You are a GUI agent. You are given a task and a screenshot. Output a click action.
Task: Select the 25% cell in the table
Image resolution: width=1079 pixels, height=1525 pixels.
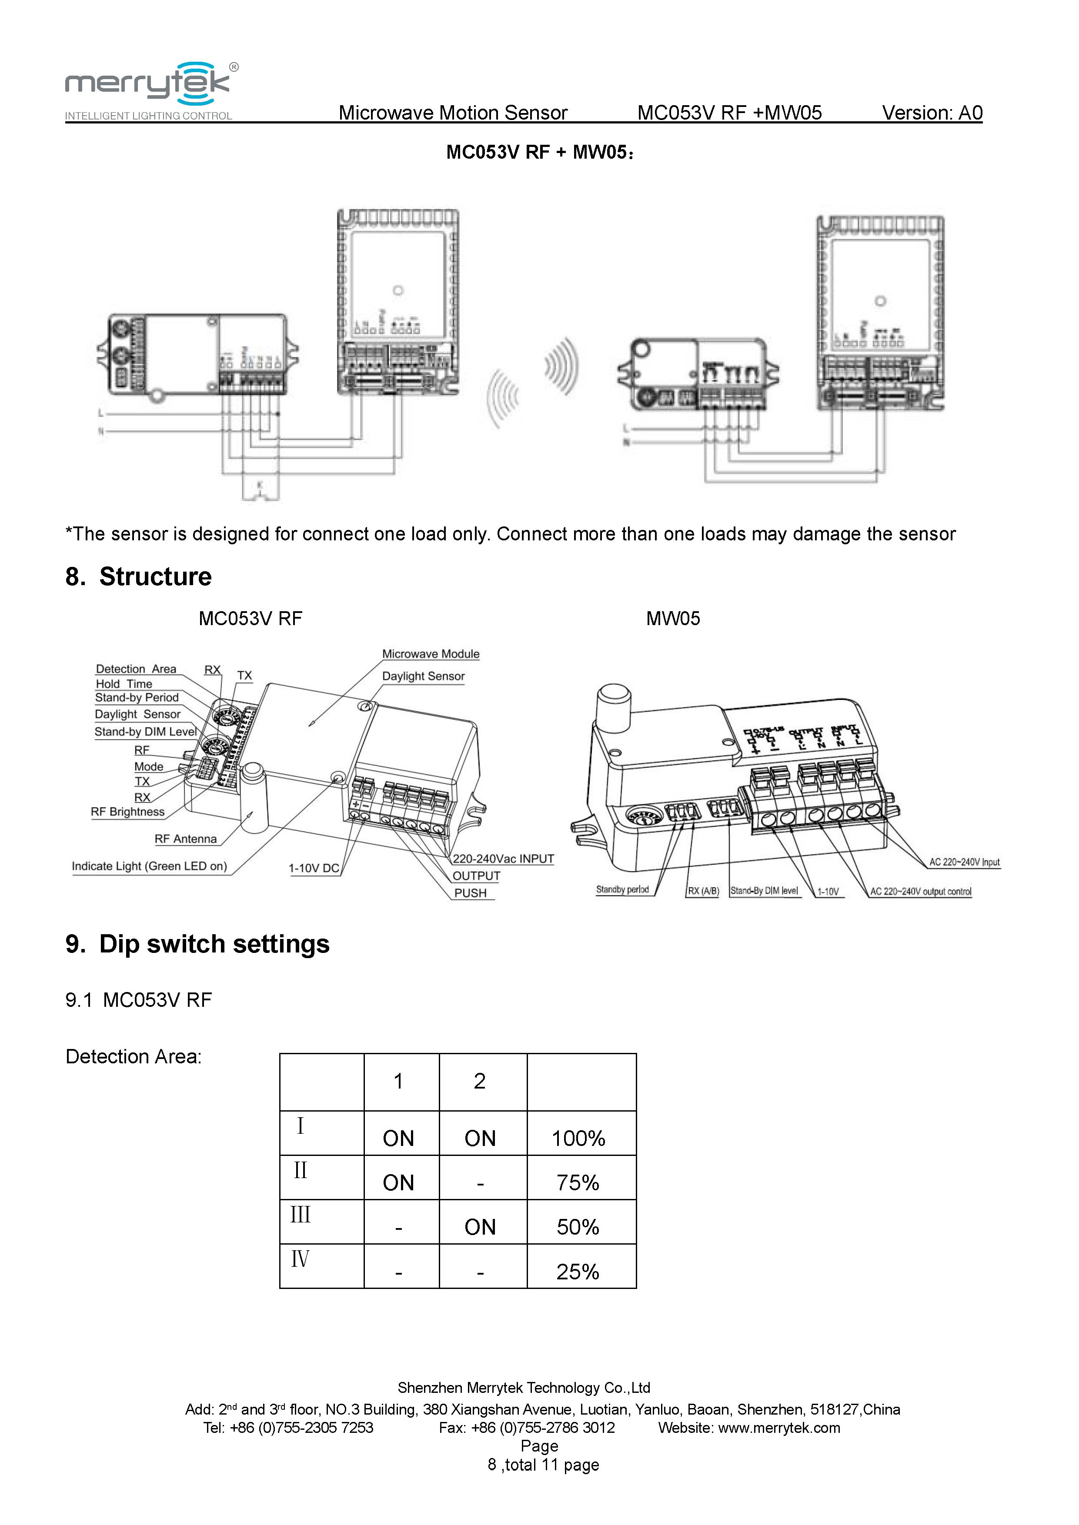coord(578,1271)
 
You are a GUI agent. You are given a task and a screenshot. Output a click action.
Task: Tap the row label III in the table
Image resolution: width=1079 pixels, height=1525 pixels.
coord(301,1215)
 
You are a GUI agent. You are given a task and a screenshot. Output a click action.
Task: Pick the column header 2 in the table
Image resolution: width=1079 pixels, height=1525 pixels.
coord(480,1081)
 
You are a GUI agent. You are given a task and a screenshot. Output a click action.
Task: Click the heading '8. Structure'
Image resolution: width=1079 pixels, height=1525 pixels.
coord(138,576)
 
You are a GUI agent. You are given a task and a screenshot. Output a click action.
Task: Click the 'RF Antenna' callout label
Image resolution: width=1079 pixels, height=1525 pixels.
coord(185,839)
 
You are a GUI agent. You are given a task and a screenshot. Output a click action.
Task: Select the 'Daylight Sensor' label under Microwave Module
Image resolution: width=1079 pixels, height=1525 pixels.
coord(423,676)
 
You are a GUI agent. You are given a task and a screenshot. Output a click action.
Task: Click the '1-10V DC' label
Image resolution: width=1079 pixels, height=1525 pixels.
coord(314,868)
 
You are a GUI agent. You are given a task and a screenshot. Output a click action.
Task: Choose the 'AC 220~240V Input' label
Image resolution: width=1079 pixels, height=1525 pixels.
coord(964,862)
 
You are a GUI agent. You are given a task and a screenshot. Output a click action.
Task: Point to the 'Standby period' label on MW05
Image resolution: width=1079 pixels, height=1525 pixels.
coord(622,889)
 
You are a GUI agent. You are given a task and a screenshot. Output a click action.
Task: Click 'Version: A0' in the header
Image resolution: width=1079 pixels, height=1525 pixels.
coord(932,113)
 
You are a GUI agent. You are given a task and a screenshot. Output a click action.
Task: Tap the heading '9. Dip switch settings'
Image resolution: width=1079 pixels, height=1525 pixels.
coord(197,944)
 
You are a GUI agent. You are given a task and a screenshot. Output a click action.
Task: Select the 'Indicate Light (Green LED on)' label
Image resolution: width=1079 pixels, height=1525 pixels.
coord(150,866)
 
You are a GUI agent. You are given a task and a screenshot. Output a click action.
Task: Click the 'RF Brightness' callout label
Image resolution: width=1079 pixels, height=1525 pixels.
coord(127,812)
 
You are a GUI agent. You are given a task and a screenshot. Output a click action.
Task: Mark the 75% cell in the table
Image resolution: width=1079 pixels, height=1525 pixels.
coord(578,1182)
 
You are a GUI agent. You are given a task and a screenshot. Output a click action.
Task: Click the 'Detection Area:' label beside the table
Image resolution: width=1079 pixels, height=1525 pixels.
coord(134,1057)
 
